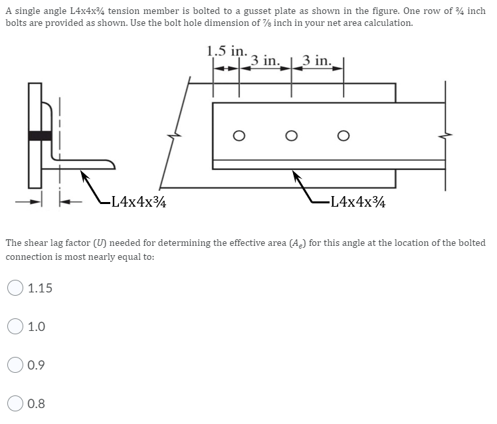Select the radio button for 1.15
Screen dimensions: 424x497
coord(15,288)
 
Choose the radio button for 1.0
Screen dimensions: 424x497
coord(15,326)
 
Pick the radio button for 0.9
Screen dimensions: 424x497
coord(15,365)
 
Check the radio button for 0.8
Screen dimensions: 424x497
coord(15,403)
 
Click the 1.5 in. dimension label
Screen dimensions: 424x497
coord(227,51)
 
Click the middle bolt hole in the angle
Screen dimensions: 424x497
coord(290,136)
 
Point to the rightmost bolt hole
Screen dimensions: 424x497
coord(342,136)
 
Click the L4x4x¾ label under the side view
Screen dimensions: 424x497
coord(359,201)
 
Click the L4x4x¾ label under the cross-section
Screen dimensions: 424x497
coord(138,201)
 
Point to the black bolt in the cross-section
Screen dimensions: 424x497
coord(41,136)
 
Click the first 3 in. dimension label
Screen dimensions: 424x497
coord(266,61)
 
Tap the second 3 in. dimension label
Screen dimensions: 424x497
coord(318,61)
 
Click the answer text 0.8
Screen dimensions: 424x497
coord(37,403)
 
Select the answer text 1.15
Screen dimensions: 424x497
coord(40,288)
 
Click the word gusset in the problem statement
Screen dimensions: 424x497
coord(278,11)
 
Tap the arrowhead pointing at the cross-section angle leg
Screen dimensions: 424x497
coord(85,175)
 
